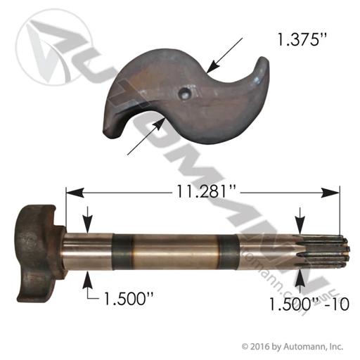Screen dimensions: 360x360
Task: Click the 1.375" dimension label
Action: [x=302, y=40]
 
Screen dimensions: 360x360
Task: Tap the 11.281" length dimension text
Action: [x=205, y=191]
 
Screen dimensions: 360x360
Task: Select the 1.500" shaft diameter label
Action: [x=129, y=298]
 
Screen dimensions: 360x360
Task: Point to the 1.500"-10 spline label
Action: [x=309, y=304]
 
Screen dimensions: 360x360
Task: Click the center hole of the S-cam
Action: [x=185, y=94]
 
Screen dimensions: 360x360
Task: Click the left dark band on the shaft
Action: [x=122, y=252]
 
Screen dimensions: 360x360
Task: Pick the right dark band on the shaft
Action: [x=229, y=252]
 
